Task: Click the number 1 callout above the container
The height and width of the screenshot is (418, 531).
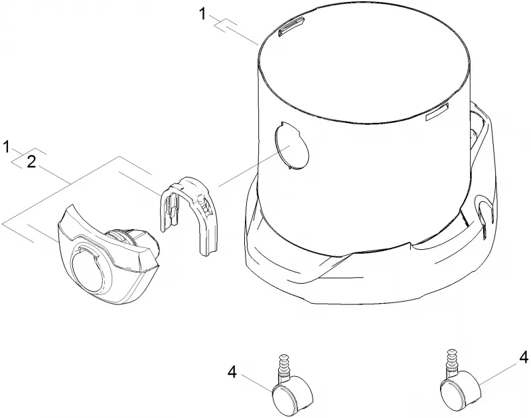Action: tap(202, 14)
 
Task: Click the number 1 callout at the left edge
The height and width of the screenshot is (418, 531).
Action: tap(6, 147)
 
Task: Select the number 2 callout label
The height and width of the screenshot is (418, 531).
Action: tap(31, 162)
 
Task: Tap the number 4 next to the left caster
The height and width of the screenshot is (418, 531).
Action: tap(232, 373)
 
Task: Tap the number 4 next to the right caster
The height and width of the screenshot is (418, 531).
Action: tap(524, 357)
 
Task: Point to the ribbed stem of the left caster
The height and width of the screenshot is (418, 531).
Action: tap(283, 364)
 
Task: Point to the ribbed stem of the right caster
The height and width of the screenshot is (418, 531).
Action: tap(451, 359)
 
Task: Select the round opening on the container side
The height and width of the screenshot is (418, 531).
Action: tap(291, 145)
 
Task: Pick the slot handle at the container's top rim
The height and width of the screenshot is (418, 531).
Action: tap(290, 27)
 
